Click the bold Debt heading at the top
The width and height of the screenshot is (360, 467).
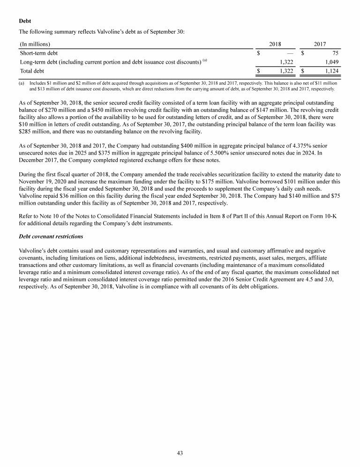pyautogui.click(x=25, y=21)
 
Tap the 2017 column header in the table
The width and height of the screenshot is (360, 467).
pyautogui.click(x=320, y=44)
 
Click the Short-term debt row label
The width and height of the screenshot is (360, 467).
pyautogui.click(x=39, y=53)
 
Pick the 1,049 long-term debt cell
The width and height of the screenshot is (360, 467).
pyautogui.click(x=331, y=62)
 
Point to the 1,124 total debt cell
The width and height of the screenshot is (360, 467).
pyautogui.click(x=331, y=71)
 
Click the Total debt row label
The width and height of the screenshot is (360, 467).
pyautogui.click(x=32, y=71)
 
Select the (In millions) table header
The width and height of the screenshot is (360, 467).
pyautogui.click(x=35, y=44)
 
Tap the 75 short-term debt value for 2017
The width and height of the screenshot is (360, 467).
pyautogui.click(x=335, y=53)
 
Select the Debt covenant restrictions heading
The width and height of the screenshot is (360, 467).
pyautogui.click(x=51, y=237)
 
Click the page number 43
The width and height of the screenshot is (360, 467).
pyautogui.click(x=180, y=453)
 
